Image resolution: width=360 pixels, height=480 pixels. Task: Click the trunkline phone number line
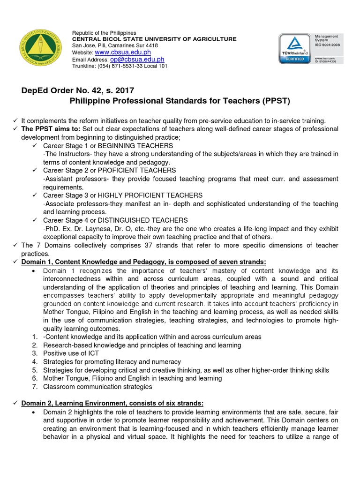coord(120,66)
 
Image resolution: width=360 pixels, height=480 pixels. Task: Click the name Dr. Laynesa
coord(86,229)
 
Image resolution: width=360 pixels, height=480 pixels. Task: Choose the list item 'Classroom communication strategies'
coord(97,387)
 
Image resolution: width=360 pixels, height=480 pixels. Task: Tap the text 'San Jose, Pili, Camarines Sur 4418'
coord(115,45)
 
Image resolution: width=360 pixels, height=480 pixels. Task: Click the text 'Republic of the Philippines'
coord(104,33)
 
